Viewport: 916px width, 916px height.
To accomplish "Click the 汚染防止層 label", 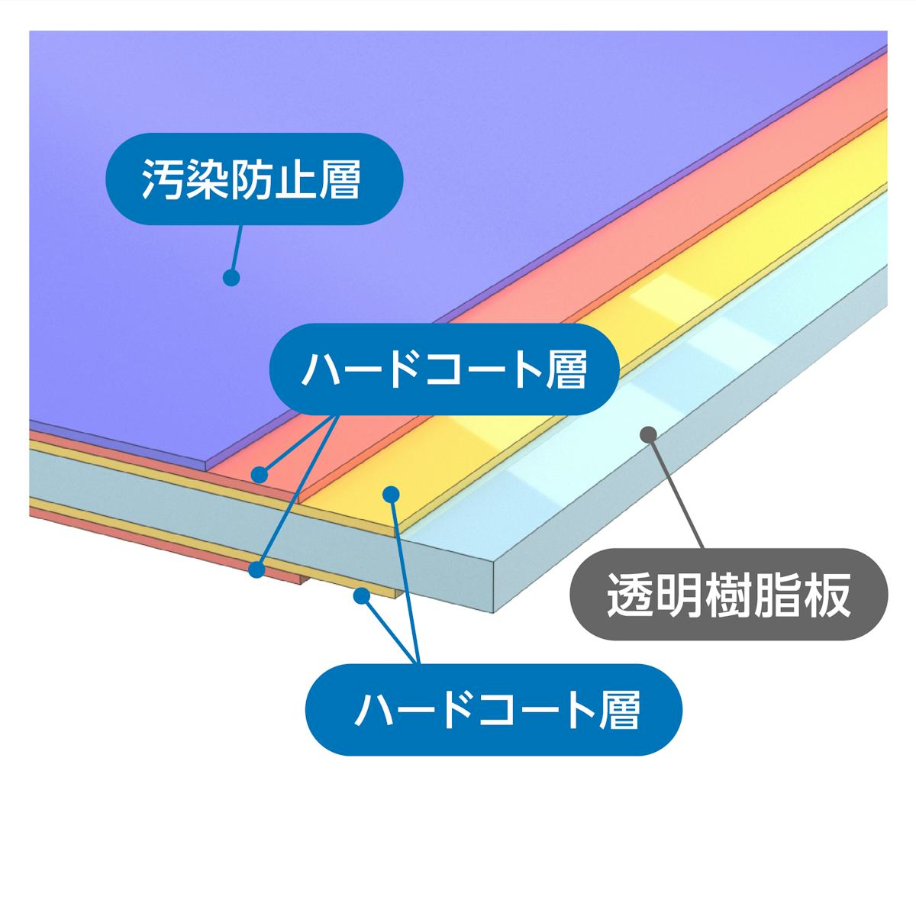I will tap(250, 179).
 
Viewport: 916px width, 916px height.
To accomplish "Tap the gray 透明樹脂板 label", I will tap(729, 596).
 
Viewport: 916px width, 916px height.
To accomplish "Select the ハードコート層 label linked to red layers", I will tap(444, 369).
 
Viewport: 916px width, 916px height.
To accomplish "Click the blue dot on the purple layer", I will tap(231, 277).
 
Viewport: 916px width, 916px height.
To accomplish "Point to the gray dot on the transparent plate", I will tap(648, 434).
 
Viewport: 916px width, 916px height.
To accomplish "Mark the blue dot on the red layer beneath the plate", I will tap(257, 569).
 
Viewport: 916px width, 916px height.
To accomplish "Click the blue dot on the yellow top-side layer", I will tap(392, 494).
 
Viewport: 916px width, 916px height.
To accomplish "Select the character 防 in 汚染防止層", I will tap(250, 179).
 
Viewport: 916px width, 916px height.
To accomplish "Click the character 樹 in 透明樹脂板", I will tap(729, 596).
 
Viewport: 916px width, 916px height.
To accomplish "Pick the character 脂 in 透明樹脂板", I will tap(779, 596).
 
